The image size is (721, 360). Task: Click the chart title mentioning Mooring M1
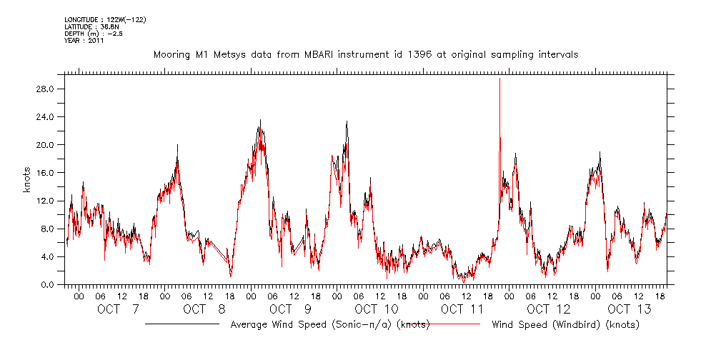(366, 54)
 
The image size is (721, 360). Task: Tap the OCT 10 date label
(376, 309)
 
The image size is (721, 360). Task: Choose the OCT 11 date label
(462, 309)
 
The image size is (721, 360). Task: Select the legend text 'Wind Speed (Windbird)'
(565, 325)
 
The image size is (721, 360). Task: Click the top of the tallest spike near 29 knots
(499, 79)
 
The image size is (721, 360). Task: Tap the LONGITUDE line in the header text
(96, 19)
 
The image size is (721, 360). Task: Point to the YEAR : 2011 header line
(84, 41)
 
